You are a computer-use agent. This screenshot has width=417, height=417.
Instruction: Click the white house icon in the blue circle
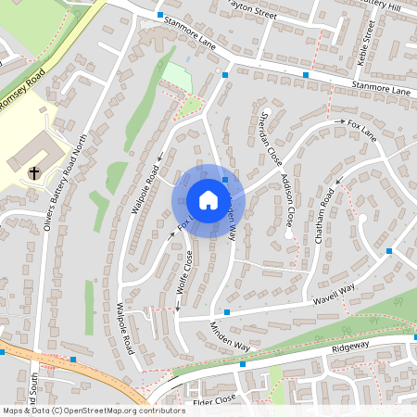pyautogui.click(x=208, y=199)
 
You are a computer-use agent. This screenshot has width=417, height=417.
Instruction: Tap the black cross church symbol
pyautogui.click(x=34, y=171)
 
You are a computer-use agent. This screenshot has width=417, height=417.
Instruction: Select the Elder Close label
pyautogui.click(x=215, y=399)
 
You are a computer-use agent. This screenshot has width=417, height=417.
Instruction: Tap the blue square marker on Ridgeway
pyautogui.click(x=243, y=364)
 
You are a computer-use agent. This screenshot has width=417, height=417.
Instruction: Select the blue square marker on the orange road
pyautogui.click(x=73, y=359)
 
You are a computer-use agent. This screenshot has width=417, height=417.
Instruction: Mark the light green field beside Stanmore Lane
pyautogui.click(x=176, y=77)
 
